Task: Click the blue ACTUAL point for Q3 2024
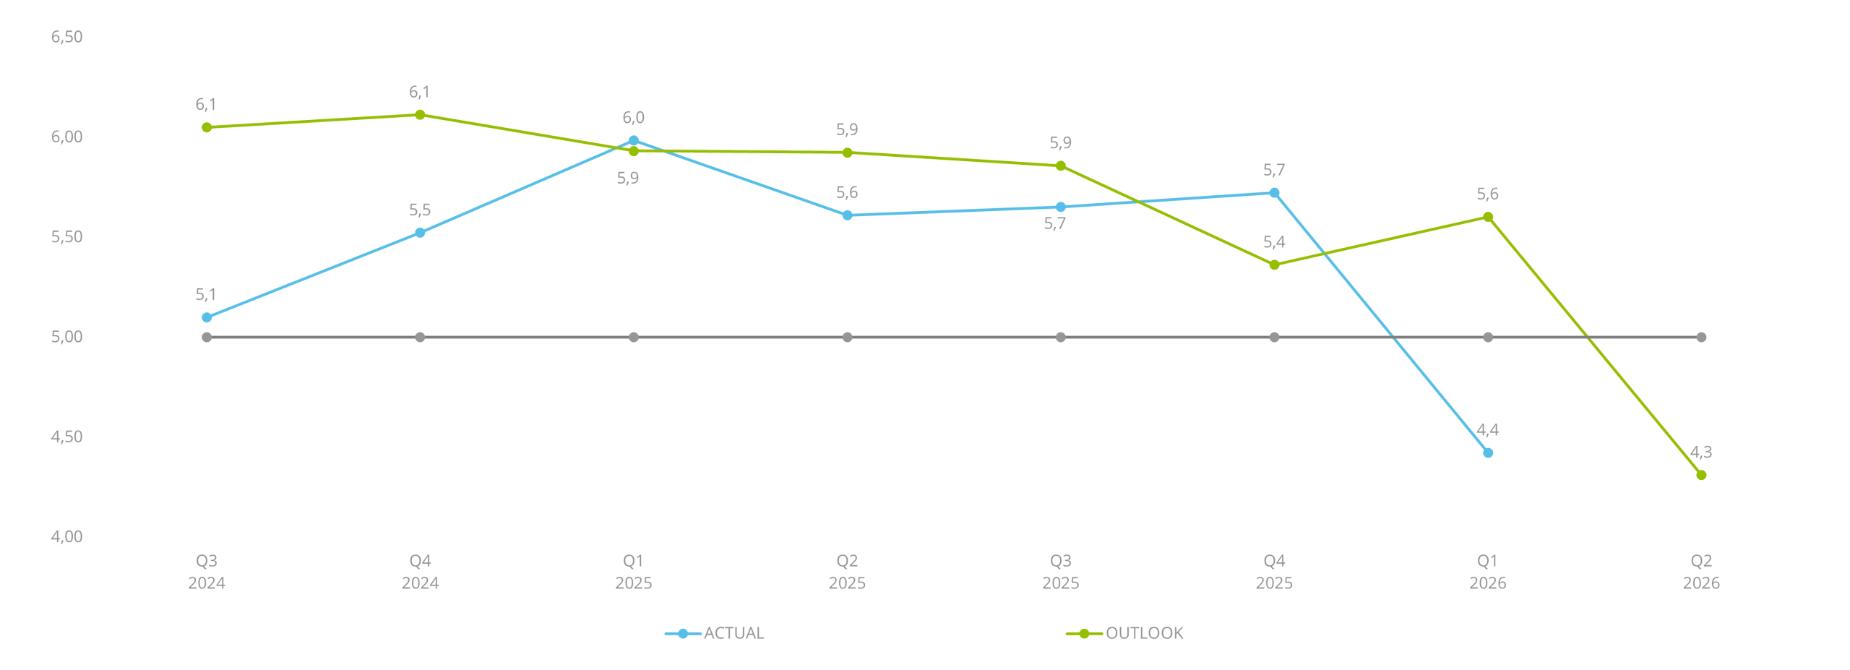(207, 317)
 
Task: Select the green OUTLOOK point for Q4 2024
(420, 115)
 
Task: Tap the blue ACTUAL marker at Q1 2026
(1487, 453)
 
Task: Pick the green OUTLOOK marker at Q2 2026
(1701, 475)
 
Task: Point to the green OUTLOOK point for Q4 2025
(1274, 265)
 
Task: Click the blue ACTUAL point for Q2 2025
(847, 215)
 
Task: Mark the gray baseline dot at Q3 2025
(1060, 338)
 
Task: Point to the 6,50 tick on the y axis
(66, 38)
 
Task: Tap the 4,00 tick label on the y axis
(66, 537)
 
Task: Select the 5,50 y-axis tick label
(66, 237)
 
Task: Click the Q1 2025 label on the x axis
(633, 572)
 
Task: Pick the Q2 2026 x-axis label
(1701, 572)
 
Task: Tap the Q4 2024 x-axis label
(420, 572)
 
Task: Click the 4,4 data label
(1487, 431)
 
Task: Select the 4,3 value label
(1701, 452)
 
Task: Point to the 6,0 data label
(633, 118)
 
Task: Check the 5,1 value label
(206, 295)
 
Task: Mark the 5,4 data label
(1274, 242)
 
